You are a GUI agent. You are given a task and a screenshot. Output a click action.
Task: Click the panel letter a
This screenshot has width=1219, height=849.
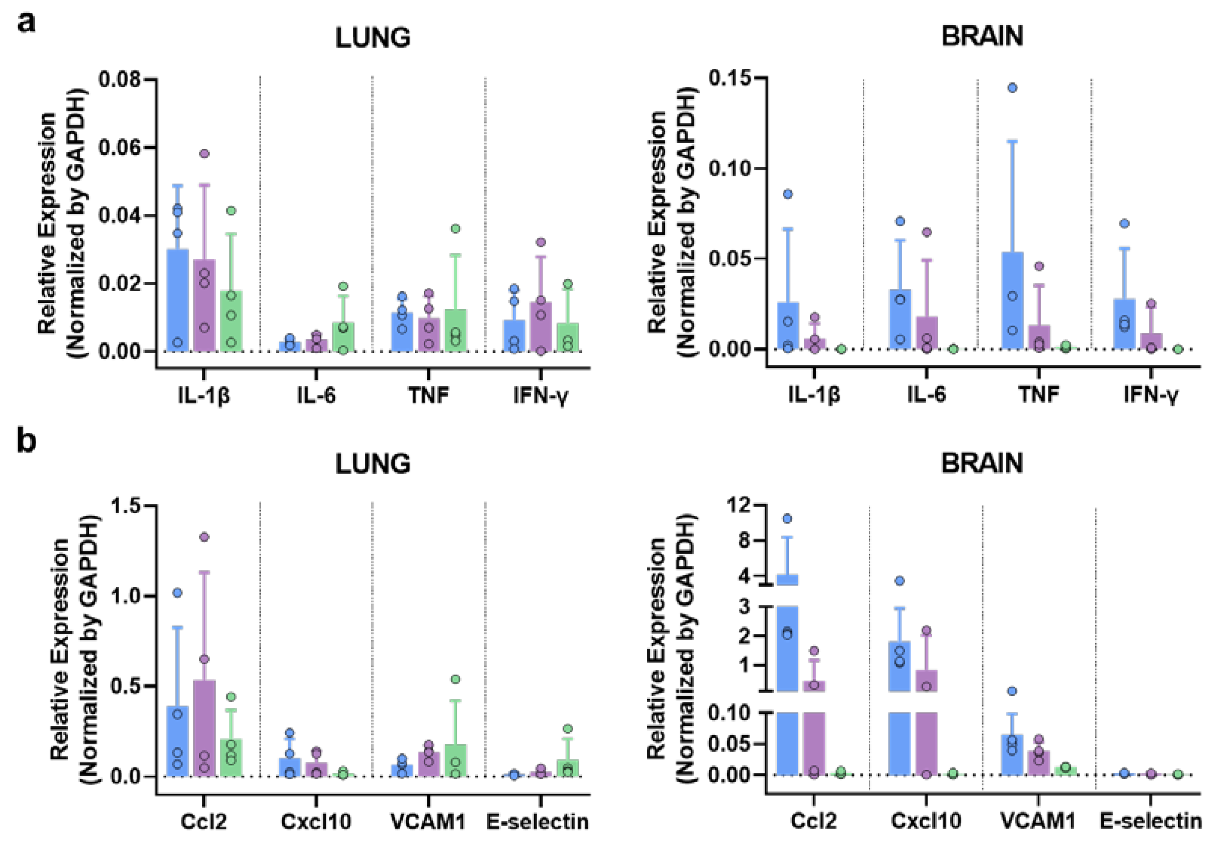[x=26, y=22]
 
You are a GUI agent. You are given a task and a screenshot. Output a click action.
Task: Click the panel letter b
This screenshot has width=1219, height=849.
[x=26, y=441]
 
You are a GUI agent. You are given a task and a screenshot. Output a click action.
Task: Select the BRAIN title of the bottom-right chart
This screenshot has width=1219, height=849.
[x=982, y=463]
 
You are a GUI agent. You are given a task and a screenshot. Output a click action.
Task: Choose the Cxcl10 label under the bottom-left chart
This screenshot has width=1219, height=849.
[x=316, y=822]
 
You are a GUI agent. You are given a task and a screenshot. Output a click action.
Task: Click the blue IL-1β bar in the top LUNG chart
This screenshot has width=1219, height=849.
[x=177, y=300]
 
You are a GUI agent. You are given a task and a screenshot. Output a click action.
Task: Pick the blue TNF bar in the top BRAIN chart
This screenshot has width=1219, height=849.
[x=1013, y=301]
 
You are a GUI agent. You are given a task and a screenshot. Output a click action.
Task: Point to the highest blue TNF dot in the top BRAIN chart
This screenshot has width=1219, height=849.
[x=1013, y=88]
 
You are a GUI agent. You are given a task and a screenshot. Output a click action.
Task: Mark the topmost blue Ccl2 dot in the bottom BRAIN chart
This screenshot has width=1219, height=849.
[x=787, y=519]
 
